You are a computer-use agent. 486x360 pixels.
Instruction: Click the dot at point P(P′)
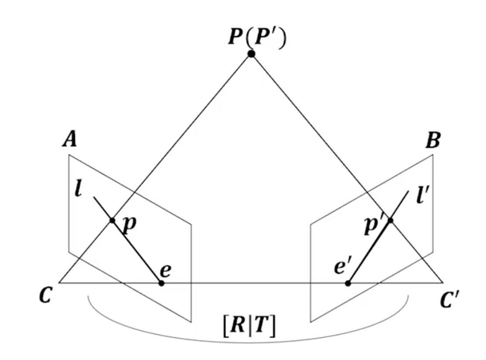click(x=251, y=54)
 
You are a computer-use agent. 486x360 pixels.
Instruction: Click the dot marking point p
click(x=112, y=221)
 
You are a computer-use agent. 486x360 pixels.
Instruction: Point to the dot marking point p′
click(x=390, y=221)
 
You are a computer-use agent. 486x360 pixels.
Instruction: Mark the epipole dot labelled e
click(x=161, y=283)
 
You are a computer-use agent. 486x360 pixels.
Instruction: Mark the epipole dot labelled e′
click(x=348, y=283)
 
